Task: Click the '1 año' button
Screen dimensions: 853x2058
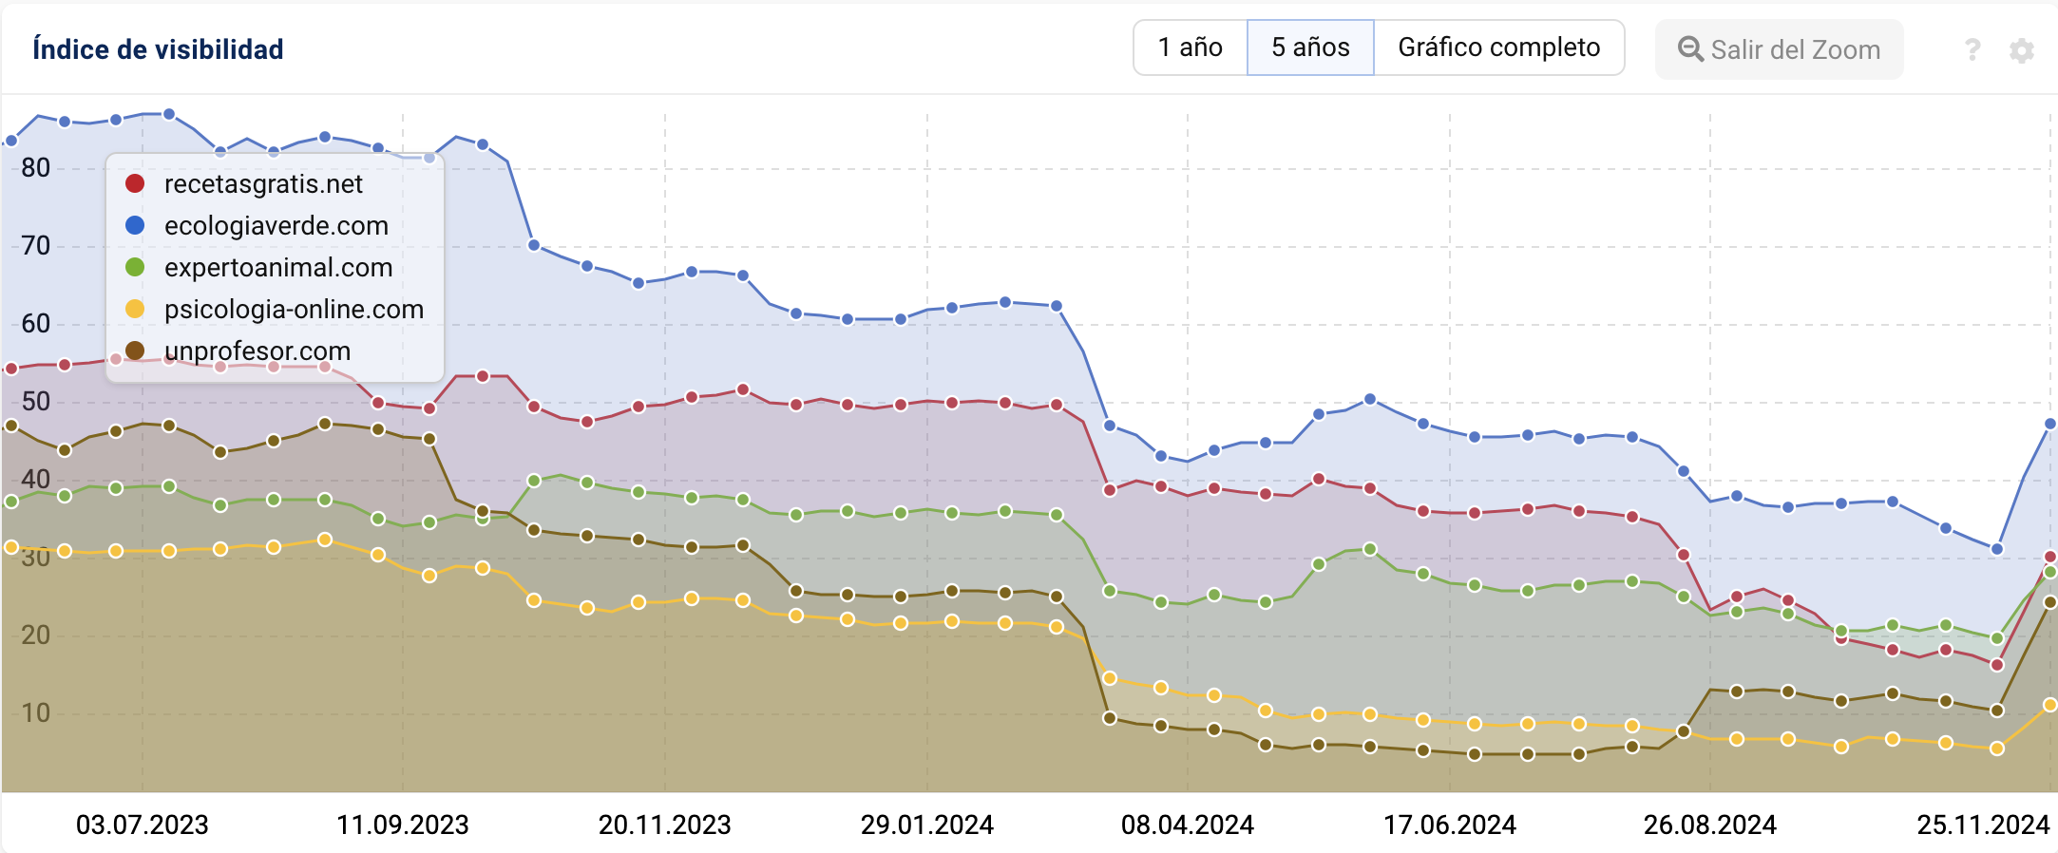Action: tap(1190, 47)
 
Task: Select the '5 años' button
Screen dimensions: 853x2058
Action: tap(1310, 47)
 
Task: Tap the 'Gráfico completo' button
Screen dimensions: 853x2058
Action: tap(1498, 47)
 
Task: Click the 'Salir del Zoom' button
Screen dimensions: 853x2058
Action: tap(1779, 49)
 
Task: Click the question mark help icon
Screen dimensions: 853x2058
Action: tap(1972, 49)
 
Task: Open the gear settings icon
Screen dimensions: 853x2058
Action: tap(2022, 50)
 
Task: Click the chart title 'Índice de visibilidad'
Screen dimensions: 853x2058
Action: tap(158, 49)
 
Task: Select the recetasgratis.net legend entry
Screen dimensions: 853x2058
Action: tap(263, 184)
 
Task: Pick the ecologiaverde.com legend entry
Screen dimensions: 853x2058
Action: tap(276, 226)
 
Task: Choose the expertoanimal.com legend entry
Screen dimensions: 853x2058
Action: tap(277, 268)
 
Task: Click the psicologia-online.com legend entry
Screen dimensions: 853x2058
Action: tap(294, 310)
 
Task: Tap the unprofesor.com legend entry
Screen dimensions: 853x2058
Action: tap(257, 351)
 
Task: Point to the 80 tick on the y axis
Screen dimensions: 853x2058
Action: tap(36, 168)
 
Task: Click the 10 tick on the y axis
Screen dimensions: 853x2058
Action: tap(36, 712)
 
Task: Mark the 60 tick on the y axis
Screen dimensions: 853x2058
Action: tap(36, 324)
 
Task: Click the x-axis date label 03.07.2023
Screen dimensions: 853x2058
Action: tap(143, 825)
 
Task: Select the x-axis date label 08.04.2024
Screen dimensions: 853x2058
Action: tap(1188, 825)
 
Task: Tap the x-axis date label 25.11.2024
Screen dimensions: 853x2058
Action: tap(1983, 825)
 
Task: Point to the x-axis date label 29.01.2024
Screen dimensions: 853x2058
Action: tap(927, 825)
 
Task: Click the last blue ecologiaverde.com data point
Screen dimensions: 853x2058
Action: tap(2049, 424)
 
